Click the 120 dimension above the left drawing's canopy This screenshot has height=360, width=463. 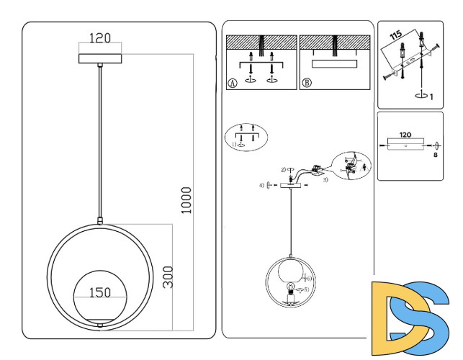(99, 38)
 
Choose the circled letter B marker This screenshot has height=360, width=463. (307, 83)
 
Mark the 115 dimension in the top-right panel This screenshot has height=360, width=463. (395, 35)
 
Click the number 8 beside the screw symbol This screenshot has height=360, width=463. (436, 154)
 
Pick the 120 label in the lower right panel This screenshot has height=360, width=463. (405, 135)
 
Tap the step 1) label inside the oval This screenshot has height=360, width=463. (235, 144)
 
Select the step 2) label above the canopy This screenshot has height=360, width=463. (284, 169)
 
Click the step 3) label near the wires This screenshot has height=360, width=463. (325, 179)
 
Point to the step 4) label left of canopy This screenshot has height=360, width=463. (261, 186)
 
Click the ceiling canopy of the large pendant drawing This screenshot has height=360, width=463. (99, 58)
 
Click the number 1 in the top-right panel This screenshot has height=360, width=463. (431, 96)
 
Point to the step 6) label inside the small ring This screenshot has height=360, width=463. (308, 277)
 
